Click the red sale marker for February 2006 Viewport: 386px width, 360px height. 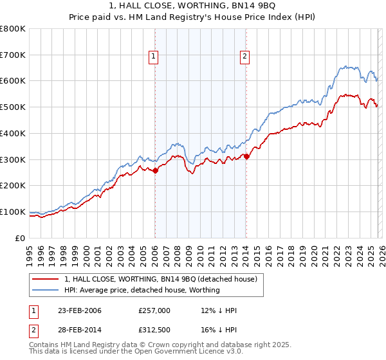click(x=155, y=170)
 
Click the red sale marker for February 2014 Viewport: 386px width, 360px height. click(x=246, y=156)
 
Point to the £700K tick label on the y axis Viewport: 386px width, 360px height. click(x=13, y=55)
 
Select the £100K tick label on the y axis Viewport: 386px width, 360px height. click(x=13, y=212)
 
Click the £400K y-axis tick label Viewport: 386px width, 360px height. click(x=13, y=133)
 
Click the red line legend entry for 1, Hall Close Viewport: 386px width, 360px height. click(x=161, y=279)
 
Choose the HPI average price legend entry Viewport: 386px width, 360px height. click(x=142, y=290)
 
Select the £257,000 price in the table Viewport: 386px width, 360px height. click(x=154, y=310)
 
